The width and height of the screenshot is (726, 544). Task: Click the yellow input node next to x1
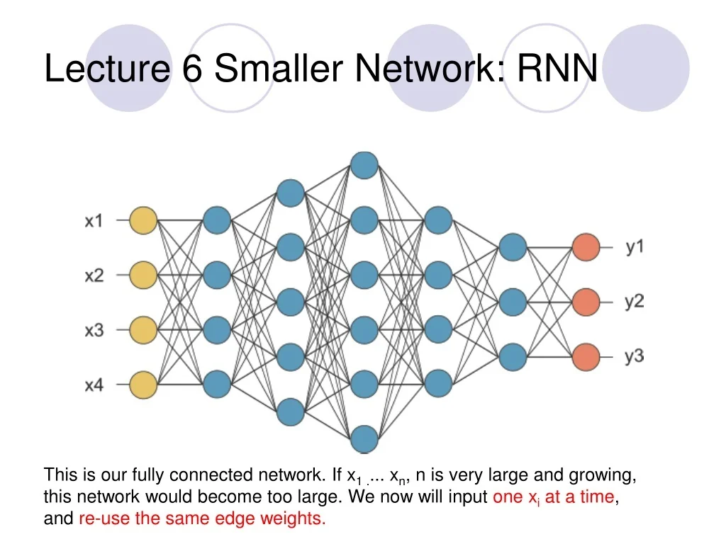(143, 220)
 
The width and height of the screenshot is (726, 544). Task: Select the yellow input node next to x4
(143, 385)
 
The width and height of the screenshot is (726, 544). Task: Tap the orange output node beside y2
(586, 302)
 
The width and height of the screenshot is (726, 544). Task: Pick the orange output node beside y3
(586, 356)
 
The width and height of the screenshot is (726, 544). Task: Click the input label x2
(94, 276)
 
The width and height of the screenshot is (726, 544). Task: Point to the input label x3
(94, 330)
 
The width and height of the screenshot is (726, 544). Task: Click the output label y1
(635, 247)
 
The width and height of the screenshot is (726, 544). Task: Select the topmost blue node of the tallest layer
(364, 165)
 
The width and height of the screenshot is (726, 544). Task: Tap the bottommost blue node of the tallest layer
(364, 438)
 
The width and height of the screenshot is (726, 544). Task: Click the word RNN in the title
(557, 69)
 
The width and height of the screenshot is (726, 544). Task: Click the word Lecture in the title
(106, 69)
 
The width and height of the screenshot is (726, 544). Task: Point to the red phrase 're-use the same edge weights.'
(202, 518)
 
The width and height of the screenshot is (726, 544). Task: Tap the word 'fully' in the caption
(147, 475)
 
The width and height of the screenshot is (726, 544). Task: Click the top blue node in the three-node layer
(513, 247)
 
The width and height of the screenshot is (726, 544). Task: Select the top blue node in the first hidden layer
(217, 220)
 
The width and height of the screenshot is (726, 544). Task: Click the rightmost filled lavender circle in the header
(646, 68)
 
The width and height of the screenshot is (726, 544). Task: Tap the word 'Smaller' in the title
(279, 69)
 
